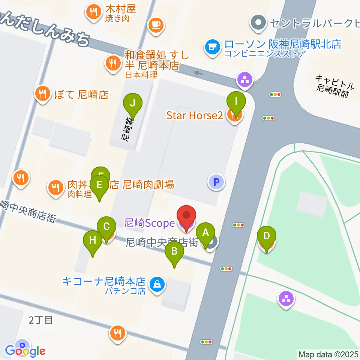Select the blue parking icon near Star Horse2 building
[216, 182]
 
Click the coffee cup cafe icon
[156, 25]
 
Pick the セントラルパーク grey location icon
[258, 22]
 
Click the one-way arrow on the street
[198, 73]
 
